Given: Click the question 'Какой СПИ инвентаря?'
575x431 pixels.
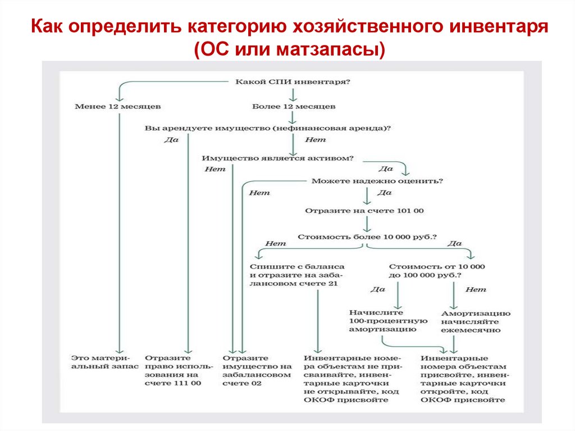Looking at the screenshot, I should click(x=292, y=82).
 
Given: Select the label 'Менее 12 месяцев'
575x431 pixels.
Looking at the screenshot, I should click(x=117, y=106).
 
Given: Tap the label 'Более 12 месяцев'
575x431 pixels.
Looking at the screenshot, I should click(x=294, y=106).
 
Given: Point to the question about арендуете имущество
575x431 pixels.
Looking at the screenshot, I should click(x=268, y=128).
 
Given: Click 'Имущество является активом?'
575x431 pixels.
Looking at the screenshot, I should click(x=278, y=158).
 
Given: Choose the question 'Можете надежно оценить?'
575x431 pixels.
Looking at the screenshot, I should click(x=377, y=181).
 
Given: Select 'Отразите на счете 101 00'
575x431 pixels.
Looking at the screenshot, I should click(x=364, y=211).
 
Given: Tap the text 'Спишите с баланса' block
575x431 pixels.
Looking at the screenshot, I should click(x=297, y=275).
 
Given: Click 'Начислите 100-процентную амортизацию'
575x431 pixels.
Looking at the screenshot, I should click(x=388, y=321).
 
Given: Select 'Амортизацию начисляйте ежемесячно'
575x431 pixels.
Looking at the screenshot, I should click(x=475, y=321).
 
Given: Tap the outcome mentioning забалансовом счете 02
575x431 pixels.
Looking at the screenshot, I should click(x=257, y=370).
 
